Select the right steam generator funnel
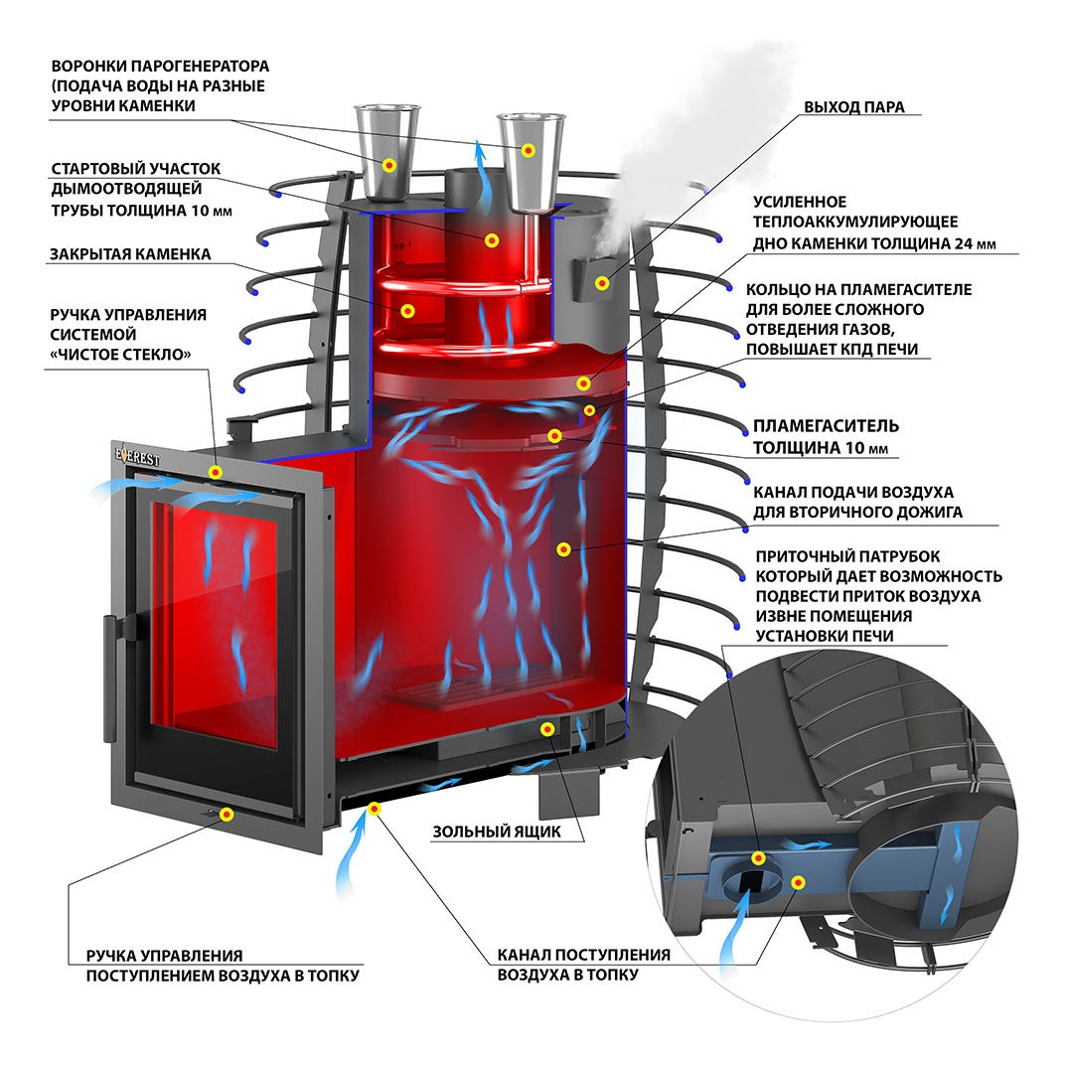(x=528, y=159)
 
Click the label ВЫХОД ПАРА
(x=853, y=107)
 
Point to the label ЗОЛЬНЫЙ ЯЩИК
(x=496, y=832)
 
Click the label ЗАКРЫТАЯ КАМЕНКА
(x=130, y=254)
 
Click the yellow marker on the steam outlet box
(x=601, y=283)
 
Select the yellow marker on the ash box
(x=545, y=729)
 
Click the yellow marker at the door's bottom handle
(x=228, y=815)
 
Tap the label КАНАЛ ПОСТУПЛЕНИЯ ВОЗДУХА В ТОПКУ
(x=583, y=965)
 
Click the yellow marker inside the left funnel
(x=390, y=165)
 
